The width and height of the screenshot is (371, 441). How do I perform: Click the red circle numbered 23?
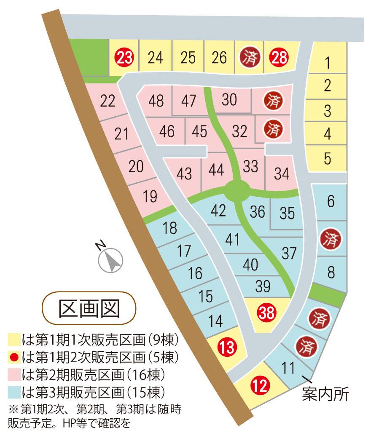(x=124, y=57)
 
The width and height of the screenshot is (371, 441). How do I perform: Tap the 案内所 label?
(x=326, y=395)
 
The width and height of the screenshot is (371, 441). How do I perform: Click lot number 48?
(x=156, y=101)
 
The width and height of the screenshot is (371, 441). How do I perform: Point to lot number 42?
(x=218, y=210)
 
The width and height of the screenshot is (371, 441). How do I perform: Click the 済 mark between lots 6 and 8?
(x=331, y=239)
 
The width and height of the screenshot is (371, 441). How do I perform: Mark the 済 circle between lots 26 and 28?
(x=249, y=57)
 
